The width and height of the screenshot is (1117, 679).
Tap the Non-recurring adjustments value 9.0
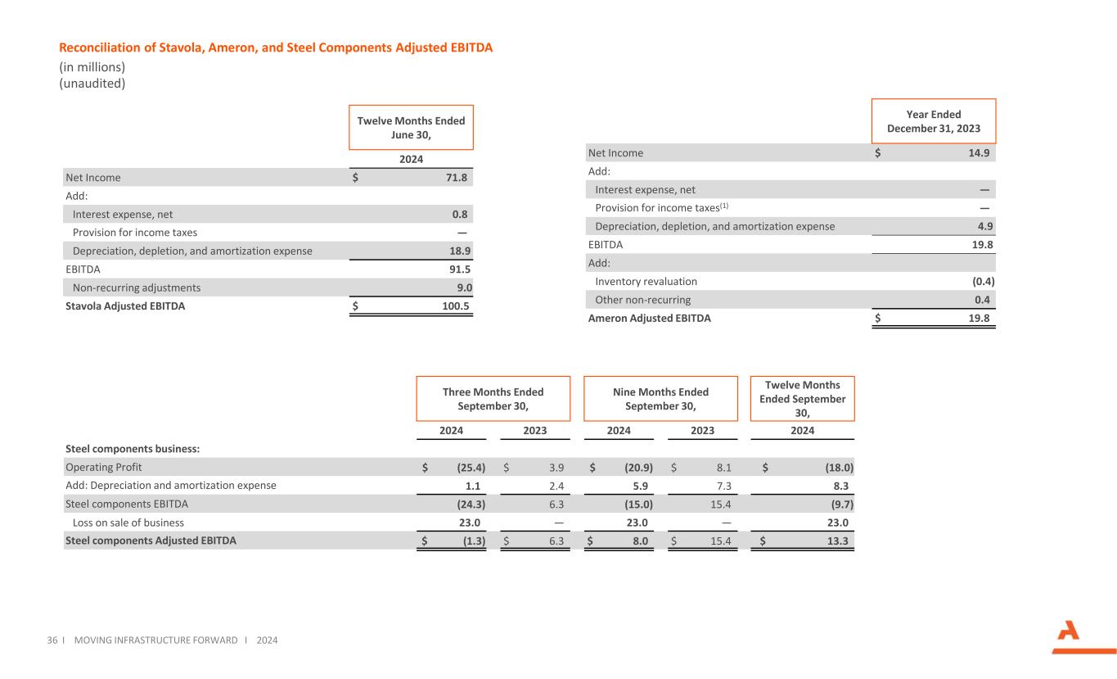(464, 287)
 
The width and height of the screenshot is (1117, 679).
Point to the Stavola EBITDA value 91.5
(461, 269)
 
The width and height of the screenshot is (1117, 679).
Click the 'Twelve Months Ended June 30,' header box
(411, 127)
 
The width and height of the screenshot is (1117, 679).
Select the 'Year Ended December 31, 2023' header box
(934, 121)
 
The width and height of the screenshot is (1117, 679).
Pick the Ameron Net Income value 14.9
(982, 152)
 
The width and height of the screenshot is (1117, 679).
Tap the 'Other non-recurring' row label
(642, 300)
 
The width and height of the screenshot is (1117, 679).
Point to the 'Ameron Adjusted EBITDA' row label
(649, 319)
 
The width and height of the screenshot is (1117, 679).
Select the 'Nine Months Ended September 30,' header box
(660, 399)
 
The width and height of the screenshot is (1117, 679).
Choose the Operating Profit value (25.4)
(471, 467)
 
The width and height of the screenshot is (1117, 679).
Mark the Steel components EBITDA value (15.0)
(636, 504)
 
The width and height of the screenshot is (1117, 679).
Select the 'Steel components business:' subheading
(133, 448)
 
